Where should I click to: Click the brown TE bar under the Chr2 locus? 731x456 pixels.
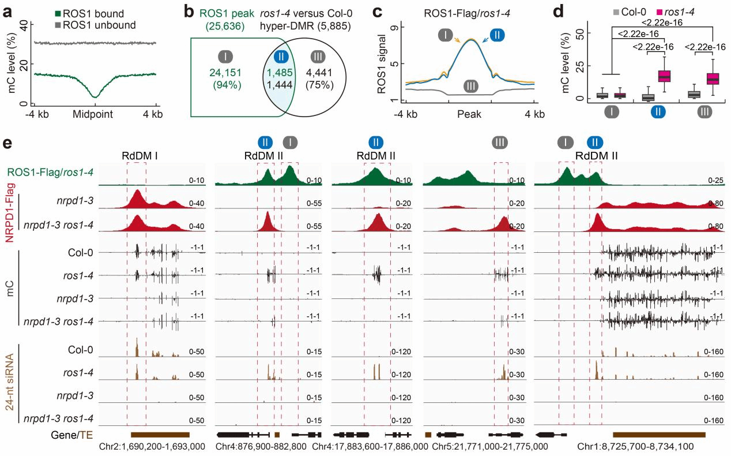click(x=160, y=433)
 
